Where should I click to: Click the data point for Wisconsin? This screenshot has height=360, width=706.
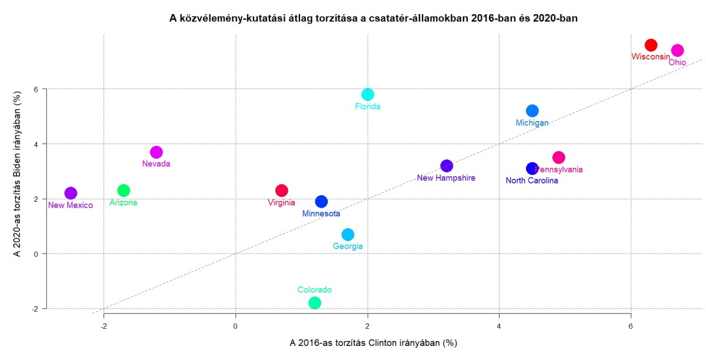(651, 45)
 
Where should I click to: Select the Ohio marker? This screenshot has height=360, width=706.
(677, 51)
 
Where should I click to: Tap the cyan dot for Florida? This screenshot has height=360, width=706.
(368, 94)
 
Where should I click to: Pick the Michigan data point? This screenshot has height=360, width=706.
(532, 111)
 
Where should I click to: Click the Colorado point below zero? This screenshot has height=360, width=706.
(315, 303)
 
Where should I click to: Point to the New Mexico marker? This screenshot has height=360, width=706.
(71, 193)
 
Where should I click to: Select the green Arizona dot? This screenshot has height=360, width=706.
(124, 191)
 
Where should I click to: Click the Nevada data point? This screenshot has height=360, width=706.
(156, 152)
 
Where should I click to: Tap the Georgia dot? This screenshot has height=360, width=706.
(348, 235)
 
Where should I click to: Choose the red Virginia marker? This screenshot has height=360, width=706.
(282, 191)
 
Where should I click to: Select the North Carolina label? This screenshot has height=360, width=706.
(532, 181)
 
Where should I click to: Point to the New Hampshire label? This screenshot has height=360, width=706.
(446, 178)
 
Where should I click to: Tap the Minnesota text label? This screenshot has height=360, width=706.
(321, 214)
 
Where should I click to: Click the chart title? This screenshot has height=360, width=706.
(374, 18)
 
